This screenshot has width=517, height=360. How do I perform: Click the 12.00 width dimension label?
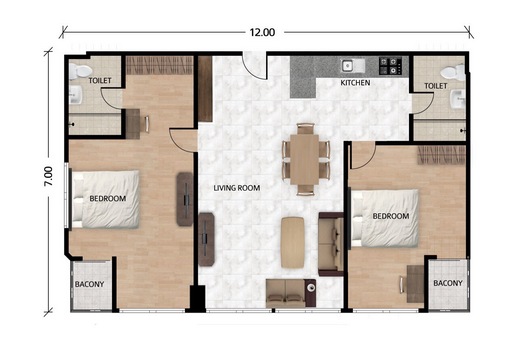click(x=262, y=32)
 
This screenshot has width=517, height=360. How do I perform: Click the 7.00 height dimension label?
click(x=48, y=176)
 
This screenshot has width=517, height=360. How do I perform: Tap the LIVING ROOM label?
click(x=237, y=188)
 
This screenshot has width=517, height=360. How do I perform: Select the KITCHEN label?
click(x=355, y=82)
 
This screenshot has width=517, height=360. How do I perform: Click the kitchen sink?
click(x=352, y=66)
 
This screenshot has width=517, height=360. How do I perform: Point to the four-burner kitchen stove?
click(x=390, y=65)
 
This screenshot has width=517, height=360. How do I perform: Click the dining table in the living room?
click(x=304, y=159)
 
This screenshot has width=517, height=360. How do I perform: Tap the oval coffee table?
click(x=292, y=242)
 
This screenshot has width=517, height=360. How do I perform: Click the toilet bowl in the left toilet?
click(x=80, y=71)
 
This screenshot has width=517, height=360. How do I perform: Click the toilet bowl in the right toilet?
click(x=452, y=73)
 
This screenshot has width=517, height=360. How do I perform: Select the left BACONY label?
click(x=89, y=284)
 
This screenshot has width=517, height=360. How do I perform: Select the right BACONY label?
click(x=448, y=283)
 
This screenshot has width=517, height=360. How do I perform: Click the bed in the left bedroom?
click(x=106, y=199)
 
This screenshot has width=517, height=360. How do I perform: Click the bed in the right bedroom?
click(x=385, y=218)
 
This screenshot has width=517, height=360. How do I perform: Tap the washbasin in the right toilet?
click(x=457, y=99)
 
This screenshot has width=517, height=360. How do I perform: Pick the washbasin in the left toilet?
click(x=76, y=95)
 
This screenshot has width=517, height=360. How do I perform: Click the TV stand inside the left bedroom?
click(x=185, y=199)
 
